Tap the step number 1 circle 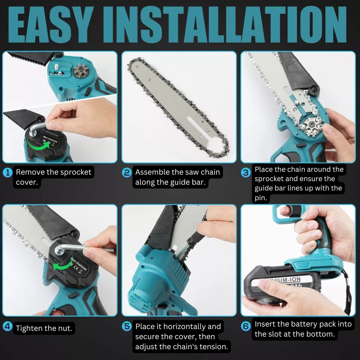tap(8, 172)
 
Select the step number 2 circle tap(127, 172)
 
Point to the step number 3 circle tap(246, 172)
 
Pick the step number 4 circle tap(8, 326)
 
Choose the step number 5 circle tap(127, 326)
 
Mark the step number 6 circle tap(246, 326)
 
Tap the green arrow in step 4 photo tap(62, 266)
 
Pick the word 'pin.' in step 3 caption tap(261, 198)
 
